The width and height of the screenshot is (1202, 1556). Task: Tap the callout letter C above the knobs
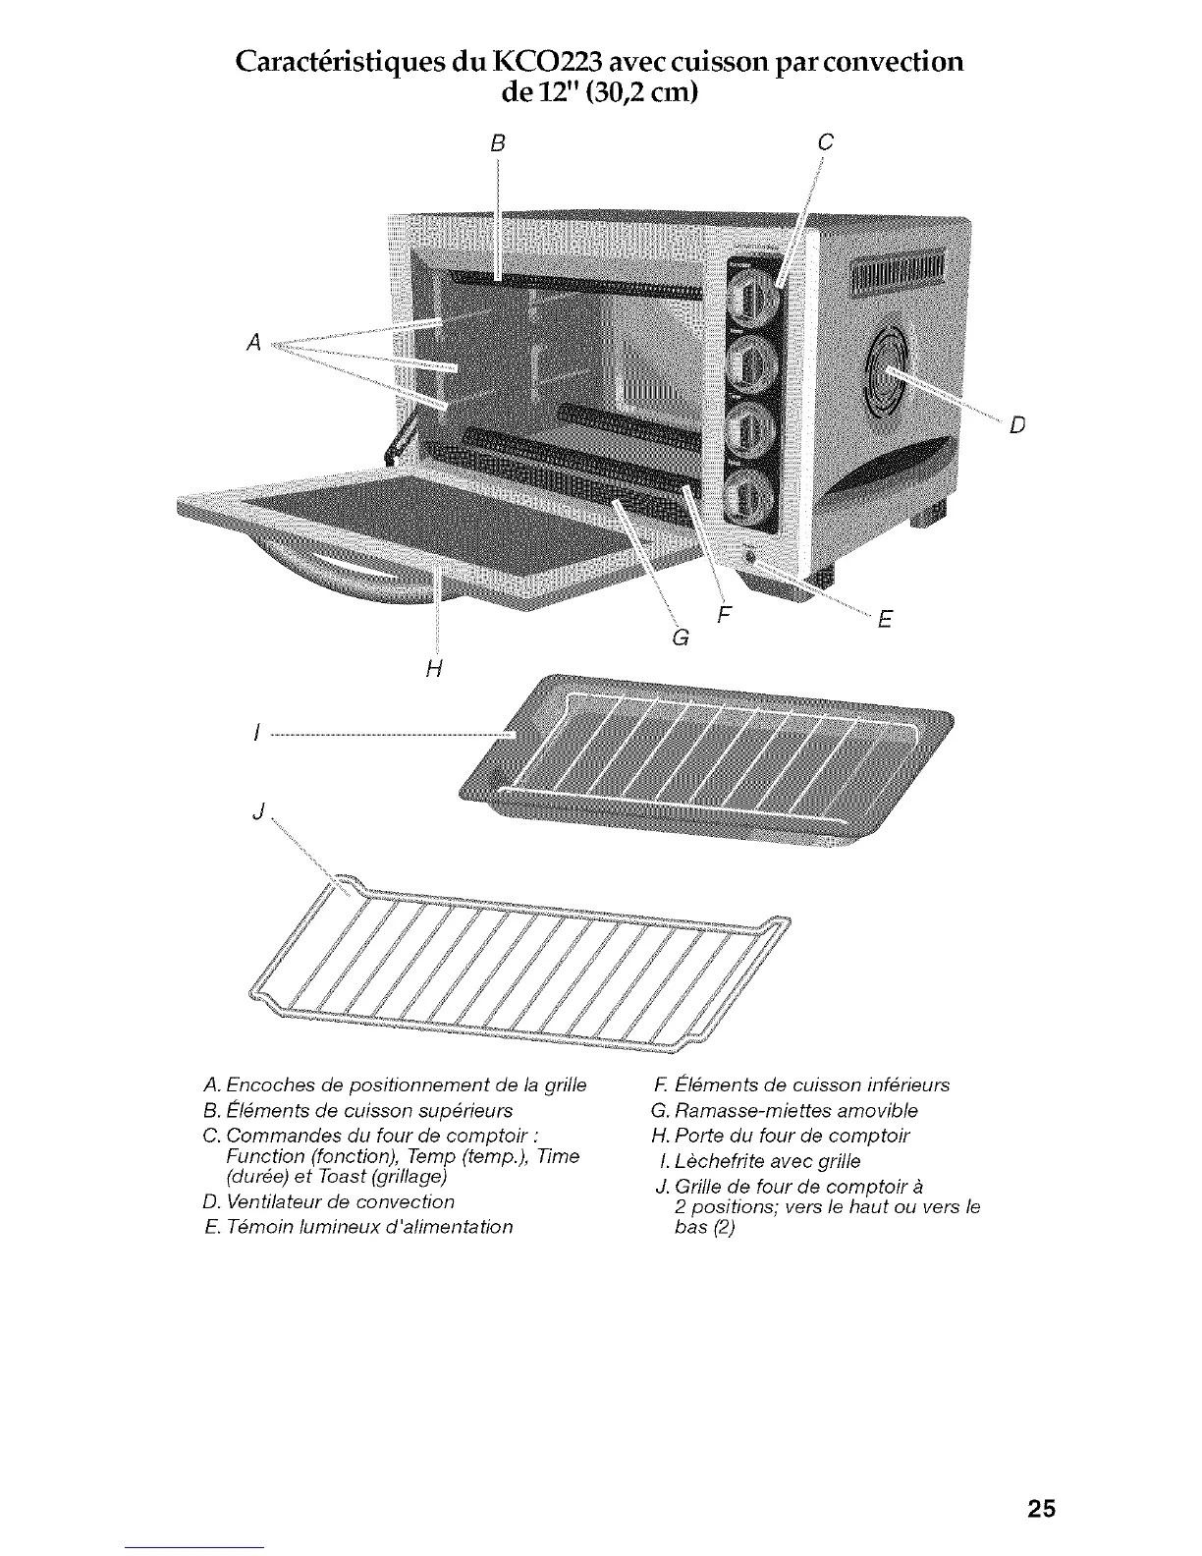(825, 143)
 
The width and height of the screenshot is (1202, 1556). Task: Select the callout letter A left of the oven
(253, 343)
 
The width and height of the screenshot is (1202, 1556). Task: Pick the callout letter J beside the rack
(258, 811)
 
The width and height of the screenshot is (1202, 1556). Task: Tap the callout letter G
(677, 638)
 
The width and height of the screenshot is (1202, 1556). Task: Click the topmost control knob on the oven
(751, 294)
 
